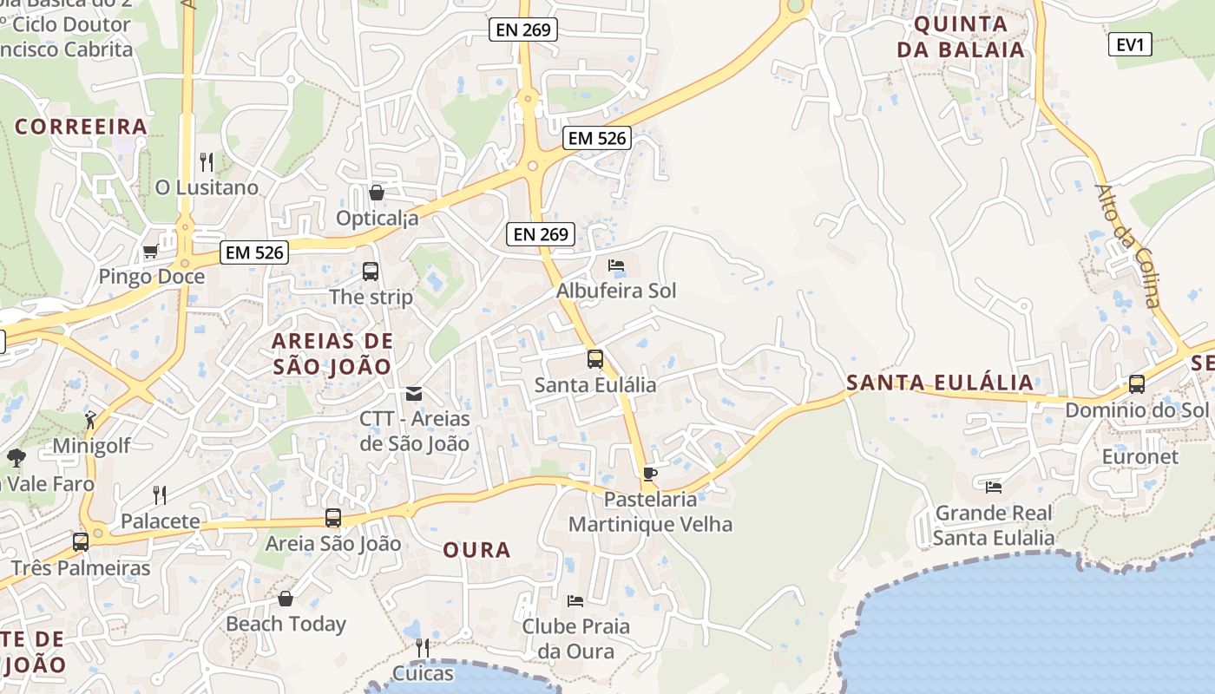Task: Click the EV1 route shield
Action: tap(1130, 44)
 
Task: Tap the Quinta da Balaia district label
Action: tap(961, 36)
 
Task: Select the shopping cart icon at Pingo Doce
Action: tap(150, 252)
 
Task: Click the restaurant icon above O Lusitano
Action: tap(207, 161)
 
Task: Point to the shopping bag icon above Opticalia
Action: tap(377, 192)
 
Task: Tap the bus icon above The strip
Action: tap(371, 271)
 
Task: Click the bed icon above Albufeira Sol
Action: tap(616, 265)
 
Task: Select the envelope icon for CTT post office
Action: tap(414, 394)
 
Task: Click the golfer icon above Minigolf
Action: tap(90, 420)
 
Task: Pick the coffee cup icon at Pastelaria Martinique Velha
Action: tap(649, 474)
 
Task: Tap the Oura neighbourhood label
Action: tap(476, 550)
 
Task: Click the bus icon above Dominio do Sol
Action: tap(1137, 383)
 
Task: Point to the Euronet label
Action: tap(1139, 456)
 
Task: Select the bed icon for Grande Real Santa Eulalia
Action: tap(994, 487)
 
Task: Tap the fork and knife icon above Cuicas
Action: tap(422, 647)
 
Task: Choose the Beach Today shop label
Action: tap(286, 624)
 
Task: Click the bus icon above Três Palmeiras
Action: tap(81, 542)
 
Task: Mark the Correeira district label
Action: tap(81, 127)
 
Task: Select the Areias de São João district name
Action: tap(332, 353)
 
